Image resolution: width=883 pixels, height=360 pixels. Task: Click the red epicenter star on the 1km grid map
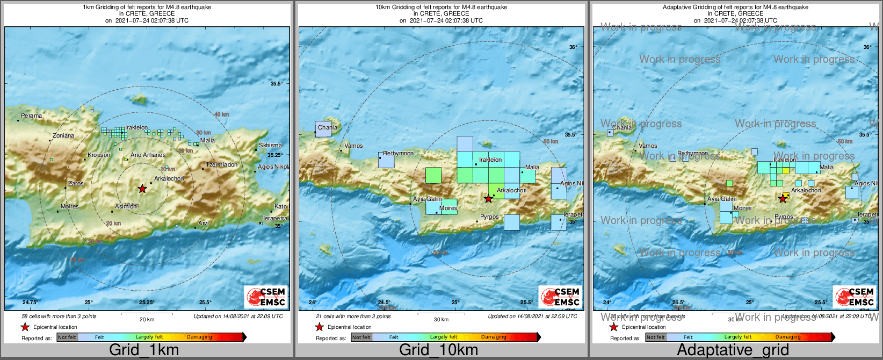(142, 189)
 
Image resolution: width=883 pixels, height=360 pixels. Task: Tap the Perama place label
(31, 116)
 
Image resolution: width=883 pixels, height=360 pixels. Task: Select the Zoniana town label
(63, 136)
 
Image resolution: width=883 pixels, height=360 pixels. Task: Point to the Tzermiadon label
(222, 165)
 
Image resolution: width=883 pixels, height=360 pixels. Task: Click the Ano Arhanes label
(148, 155)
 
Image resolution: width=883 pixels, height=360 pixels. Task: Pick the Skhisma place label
(270, 146)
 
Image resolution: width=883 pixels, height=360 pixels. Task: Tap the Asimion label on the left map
(126, 207)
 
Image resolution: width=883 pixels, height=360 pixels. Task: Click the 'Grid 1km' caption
(144, 350)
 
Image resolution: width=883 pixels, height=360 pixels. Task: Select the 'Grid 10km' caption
(438, 350)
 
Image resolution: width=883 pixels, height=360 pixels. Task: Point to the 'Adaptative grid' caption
(733, 350)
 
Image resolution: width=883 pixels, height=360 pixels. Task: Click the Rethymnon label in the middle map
(398, 154)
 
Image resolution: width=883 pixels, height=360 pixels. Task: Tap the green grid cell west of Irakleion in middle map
(433, 176)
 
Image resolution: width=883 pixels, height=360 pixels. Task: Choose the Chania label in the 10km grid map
(327, 128)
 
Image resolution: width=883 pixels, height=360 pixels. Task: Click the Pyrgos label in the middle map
(489, 217)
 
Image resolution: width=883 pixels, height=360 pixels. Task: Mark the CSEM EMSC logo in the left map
(266, 297)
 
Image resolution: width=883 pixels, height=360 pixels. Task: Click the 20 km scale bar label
(147, 320)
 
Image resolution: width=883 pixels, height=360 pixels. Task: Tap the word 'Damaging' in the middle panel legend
(494, 337)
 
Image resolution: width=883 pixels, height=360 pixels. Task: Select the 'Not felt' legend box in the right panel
(655, 337)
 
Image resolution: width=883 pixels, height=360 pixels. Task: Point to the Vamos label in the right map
(648, 146)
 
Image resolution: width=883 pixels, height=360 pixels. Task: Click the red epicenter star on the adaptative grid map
(783, 199)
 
